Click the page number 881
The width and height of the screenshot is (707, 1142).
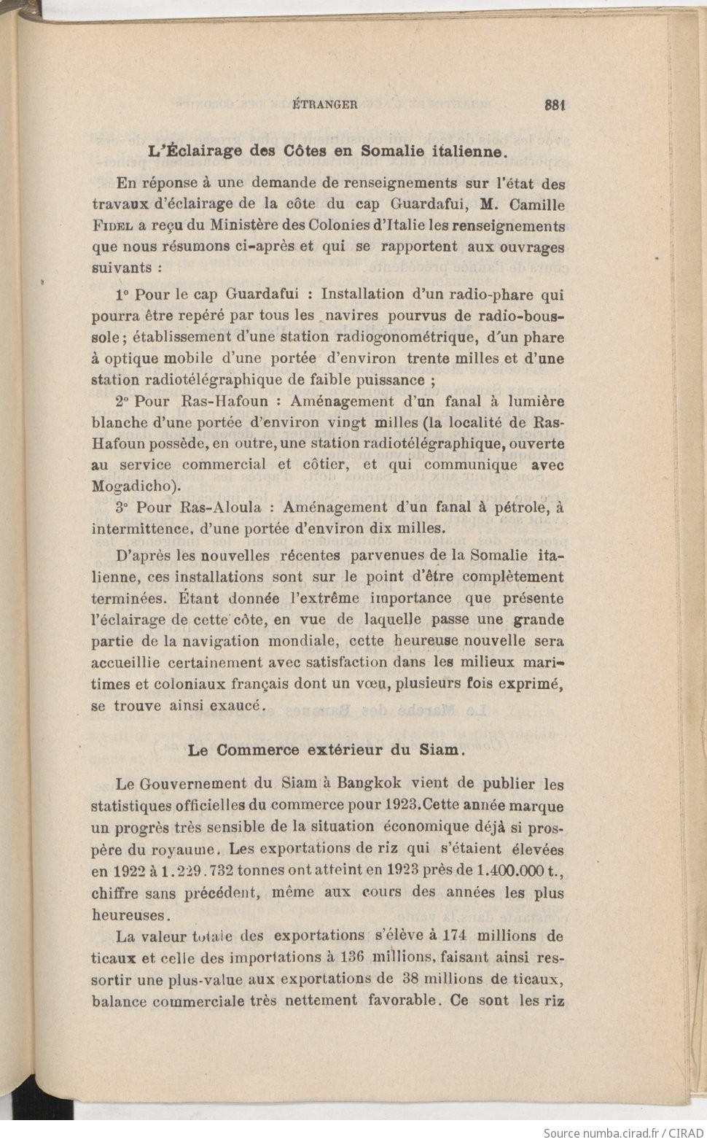pyautogui.click(x=555, y=104)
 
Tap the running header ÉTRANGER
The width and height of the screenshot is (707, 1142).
pyautogui.click(x=325, y=104)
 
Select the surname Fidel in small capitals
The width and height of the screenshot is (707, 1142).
pyautogui.click(x=112, y=226)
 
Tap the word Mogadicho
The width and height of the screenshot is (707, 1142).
pyautogui.click(x=131, y=486)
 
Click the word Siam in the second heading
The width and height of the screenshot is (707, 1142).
pyautogui.click(x=440, y=750)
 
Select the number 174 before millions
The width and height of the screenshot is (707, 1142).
pyautogui.click(x=454, y=936)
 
